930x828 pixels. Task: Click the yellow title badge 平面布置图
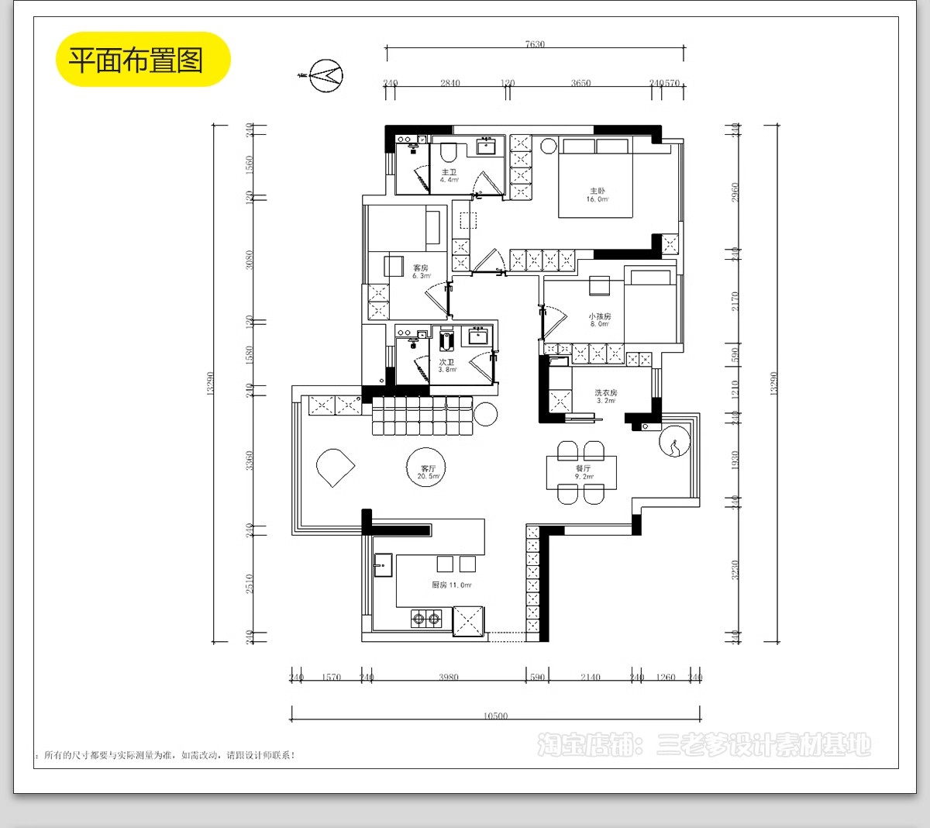tap(143, 60)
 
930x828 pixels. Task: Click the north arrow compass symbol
tap(325, 75)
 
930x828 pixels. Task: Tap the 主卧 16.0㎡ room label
tap(597, 195)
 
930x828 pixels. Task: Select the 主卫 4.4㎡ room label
tap(449, 176)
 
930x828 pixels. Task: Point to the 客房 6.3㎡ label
tap(421, 271)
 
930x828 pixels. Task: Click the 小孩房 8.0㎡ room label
tap(599, 320)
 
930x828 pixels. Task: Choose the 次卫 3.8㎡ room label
tap(447, 366)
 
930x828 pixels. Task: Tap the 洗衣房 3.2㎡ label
tap(605, 397)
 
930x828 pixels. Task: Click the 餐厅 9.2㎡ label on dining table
tap(583, 472)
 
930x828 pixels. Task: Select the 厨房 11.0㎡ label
tap(451, 585)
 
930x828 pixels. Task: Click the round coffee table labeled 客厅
tap(427, 467)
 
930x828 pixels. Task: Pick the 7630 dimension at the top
tap(535, 45)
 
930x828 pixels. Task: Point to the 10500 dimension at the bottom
tap(495, 716)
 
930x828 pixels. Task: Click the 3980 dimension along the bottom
tap(449, 677)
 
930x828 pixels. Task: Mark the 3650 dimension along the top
tap(580, 83)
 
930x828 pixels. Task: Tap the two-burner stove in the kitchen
tap(425, 619)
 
